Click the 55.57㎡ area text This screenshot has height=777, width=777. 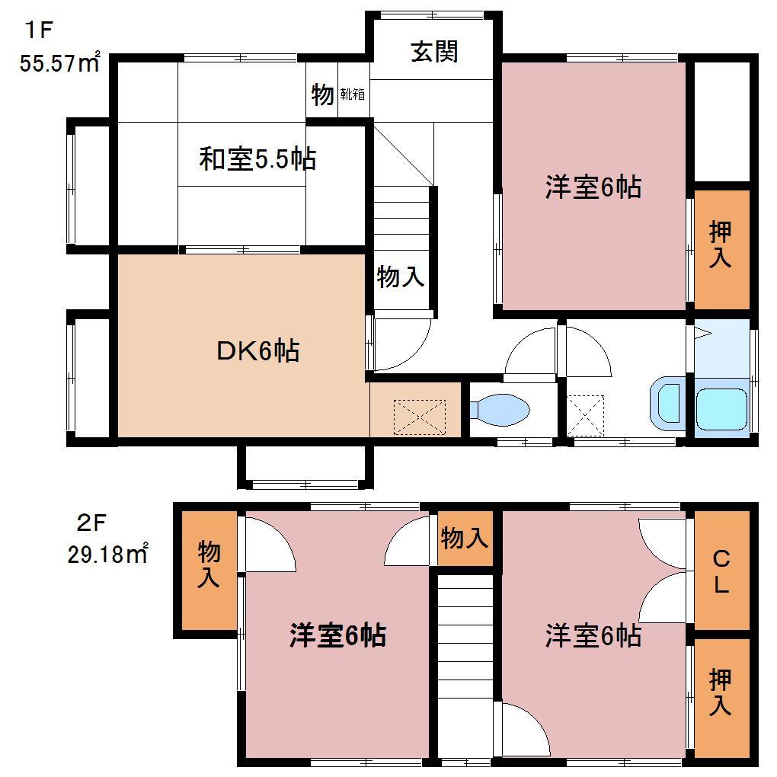[x=60, y=62]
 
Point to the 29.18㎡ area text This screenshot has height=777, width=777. [x=107, y=554]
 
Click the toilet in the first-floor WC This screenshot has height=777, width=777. [x=498, y=410]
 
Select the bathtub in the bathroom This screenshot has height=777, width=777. [x=722, y=410]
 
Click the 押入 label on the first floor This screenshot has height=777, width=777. [x=721, y=245]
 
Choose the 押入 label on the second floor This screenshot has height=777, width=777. [x=721, y=692]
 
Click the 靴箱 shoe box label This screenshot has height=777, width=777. [x=352, y=95]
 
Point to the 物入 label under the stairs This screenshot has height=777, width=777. [x=401, y=277]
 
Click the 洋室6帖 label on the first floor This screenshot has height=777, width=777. [x=592, y=187]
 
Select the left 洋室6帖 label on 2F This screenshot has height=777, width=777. [x=337, y=635]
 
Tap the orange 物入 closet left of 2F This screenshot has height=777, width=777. [x=208, y=564]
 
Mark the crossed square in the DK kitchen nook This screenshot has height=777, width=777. [x=419, y=416]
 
